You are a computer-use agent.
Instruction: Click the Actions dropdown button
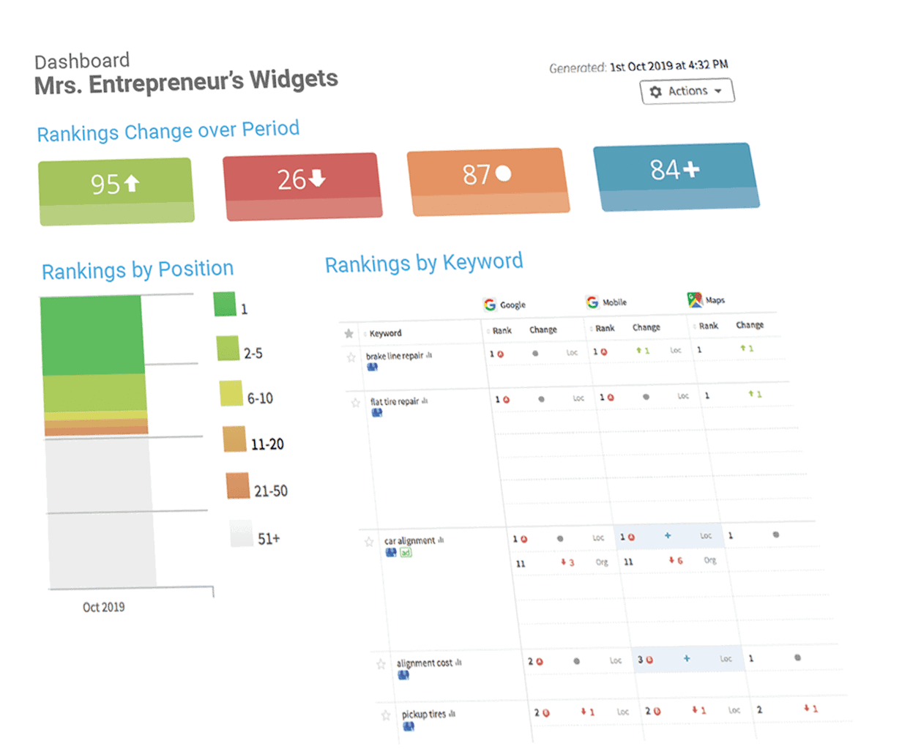[687, 92]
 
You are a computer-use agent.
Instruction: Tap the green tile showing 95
[116, 183]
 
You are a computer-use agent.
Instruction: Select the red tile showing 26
[302, 179]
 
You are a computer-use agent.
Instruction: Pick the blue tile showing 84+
[675, 170]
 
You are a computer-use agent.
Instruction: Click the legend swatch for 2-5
[228, 349]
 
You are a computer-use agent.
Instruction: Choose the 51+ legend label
[269, 539]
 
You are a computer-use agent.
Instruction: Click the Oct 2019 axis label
[103, 607]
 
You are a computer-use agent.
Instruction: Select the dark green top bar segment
[92, 335]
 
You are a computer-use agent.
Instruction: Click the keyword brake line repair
[395, 357]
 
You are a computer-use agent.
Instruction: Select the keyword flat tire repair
[395, 402]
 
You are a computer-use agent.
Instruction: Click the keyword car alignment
[409, 541]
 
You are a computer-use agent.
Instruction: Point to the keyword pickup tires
[423, 714]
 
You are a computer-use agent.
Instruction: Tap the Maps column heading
[715, 300]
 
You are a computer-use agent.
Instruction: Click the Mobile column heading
[614, 302]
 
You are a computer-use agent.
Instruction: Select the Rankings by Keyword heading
[424, 263]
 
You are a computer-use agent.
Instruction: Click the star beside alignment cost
[381, 664]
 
